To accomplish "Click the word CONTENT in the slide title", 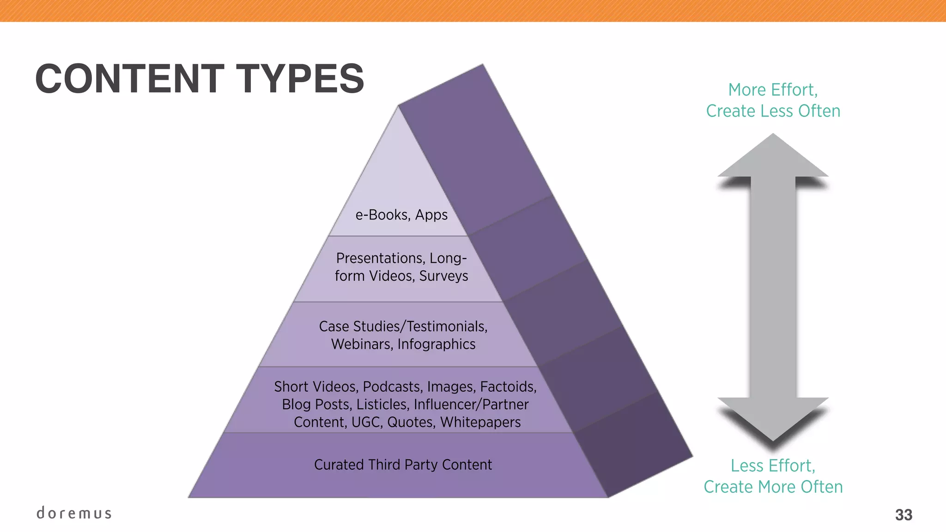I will (x=130, y=79).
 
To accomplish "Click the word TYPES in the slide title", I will (x=300, y=79).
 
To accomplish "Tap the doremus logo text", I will (x=74, y=513).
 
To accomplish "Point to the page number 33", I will (x=904, y=514).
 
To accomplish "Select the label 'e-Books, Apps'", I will (x=401, y=215).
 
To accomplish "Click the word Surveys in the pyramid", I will (x=443, y=276).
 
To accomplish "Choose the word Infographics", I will (x=437, y=345).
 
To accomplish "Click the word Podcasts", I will (x=393, y=387).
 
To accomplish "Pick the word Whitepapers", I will (x=480, y=422).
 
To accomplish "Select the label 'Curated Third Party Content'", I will (x=403, y=465).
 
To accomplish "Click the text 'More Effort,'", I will (x=773, y=90).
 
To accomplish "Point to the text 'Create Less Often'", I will (x=773, y=111).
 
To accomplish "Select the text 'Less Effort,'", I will (x=773, y=465).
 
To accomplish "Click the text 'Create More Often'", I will (x=773, y=487).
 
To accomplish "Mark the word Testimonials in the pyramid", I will (x=447, y=326).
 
